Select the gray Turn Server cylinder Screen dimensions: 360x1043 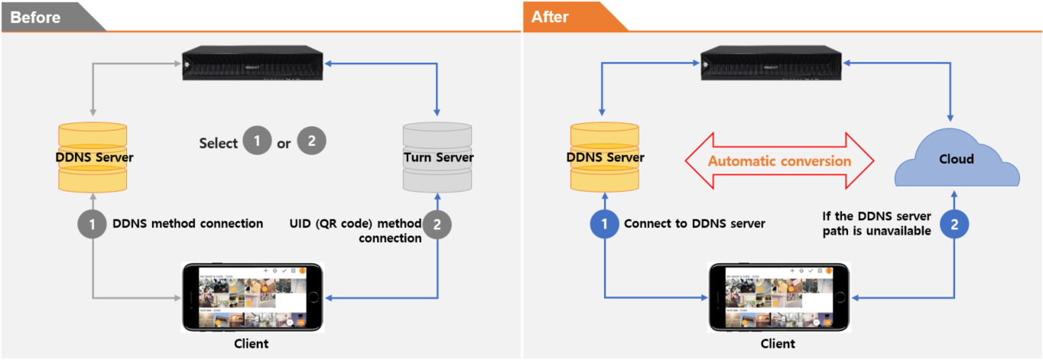[x=437, y=157]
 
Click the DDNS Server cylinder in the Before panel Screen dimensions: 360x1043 [x=94, y=157]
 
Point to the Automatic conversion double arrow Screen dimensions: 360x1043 [x=778, y=161]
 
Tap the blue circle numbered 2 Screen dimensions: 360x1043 [x=954, y=224]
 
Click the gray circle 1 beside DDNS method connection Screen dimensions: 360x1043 [x=93, y=224]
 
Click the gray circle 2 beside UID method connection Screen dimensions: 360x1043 [x=437, y=224]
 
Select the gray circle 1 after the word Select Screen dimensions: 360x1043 [x=257, y=142]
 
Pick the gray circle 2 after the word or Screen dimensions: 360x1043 [x=311, y=142]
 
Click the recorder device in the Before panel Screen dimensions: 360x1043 [x=252, y=64]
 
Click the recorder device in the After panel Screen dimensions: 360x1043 [x=772, y=64]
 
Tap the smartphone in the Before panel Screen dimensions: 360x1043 [x=252, y=297]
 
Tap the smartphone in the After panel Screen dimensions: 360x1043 [x=778, y=297]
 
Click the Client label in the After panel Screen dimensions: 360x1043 [x=778, y=344]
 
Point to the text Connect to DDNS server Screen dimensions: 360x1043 [x=694, y=224]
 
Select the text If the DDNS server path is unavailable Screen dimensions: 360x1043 [x=876, y=224]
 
